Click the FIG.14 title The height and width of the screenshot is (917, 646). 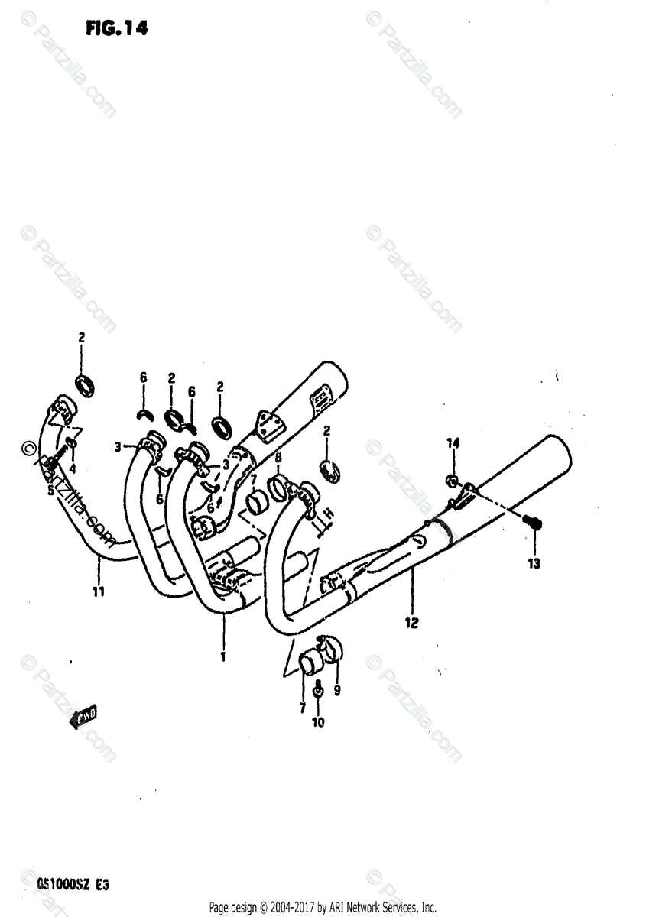[x=118, y=28]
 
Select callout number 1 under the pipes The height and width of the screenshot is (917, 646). [x=222, y=656]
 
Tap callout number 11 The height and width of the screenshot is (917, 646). [x=99, y=591]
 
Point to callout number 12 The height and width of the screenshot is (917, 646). [x=411, y=623]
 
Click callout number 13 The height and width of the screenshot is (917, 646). [x=533, y=564]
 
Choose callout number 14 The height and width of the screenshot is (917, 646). [x=453, y=443]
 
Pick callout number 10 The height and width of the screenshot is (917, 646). [x=318, y=722]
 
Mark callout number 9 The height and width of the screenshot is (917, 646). [x=337, y=689]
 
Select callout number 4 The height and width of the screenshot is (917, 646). [x=73, y=468]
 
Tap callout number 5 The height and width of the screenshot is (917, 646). [x=51, y=491]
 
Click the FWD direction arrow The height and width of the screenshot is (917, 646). [x=83, y=718]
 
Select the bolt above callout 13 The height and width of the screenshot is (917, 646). [x=534, y=523]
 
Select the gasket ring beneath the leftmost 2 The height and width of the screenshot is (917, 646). [x=86, y=384]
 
